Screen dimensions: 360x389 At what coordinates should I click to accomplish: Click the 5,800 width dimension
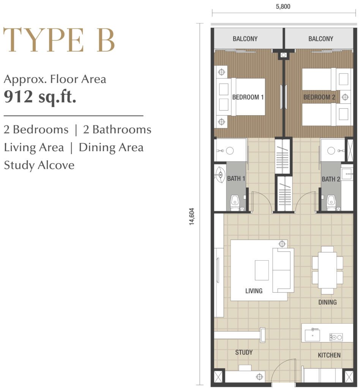[x=283, y=6]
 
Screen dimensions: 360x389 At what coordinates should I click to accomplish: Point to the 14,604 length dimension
[x=192, y=216]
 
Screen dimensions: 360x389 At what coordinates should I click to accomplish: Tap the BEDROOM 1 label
[x=248, y=97]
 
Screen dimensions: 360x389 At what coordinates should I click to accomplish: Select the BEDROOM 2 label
[x=319, y=97]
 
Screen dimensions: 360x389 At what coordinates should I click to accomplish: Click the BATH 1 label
[x=236, y=179]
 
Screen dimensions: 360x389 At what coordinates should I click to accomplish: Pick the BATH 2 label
[x=331, y=179]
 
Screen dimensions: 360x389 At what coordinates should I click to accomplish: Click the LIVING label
[x=254, y=291]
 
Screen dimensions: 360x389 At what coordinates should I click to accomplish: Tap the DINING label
[x=327, y=302]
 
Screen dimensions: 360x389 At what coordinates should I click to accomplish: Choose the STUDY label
[x=244, y=352]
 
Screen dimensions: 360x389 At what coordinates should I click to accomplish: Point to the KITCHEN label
[x=329, y=355]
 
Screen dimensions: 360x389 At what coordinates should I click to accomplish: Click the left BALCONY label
[x=245, y=39]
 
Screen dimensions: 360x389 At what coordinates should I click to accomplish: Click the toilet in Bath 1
[x=235, y=203]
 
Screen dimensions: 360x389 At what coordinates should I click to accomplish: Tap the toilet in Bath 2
[x=331, y=203]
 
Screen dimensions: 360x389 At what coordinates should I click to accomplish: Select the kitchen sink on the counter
[x=312, y=335]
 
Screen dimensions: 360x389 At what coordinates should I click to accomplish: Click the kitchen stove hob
[x=336, y=337]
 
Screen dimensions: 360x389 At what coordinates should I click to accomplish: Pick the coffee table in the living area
[x=262, y=270]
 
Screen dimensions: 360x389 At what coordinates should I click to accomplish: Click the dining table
[x=327, y=270]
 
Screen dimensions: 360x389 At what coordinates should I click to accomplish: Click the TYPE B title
[x=59, y=40]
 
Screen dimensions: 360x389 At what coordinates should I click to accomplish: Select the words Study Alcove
[x=39, y=165]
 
